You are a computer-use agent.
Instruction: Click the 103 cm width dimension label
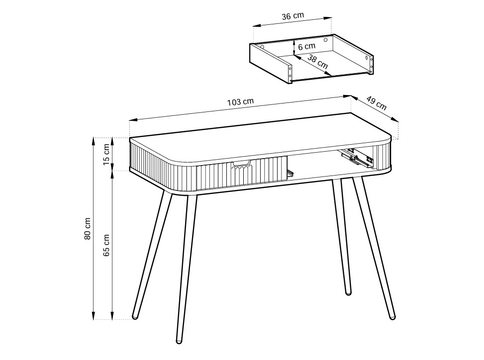tap(240, 101)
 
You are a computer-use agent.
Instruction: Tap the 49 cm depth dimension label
tap(377, 103)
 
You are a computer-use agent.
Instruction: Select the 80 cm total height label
tap(88, 229)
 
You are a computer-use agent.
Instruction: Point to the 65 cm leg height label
tap(106, 245)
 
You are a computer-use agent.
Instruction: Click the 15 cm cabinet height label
tap(106, 154)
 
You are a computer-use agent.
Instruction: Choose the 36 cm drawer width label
tap(293, 16)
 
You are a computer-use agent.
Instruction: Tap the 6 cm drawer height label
tap(307, 47)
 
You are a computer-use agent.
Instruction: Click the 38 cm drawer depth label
tap(318, 61)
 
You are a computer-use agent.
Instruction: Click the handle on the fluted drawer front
tap(241, 163)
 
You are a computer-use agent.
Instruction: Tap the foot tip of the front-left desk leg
tap(179, 341)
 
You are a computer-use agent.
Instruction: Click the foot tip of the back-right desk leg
tap(348, 293)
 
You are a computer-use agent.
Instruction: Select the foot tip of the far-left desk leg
tap(135, 317)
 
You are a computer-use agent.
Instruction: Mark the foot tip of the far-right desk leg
tap(392, 317)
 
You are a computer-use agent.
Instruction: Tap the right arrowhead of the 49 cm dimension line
tap(395, 120)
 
